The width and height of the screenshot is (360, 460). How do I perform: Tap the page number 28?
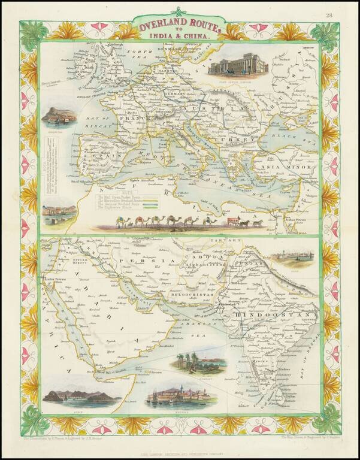coord(346,15)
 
